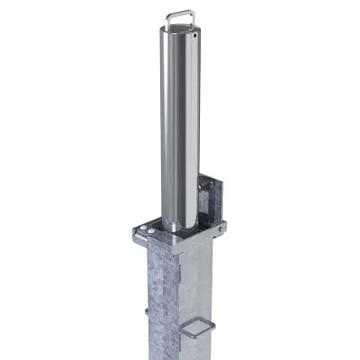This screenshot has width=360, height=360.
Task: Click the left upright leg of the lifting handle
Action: [168, 17]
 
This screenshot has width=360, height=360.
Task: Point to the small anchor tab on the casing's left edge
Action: [144, 313]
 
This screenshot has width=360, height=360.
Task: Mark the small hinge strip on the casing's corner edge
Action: [179, 262]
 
